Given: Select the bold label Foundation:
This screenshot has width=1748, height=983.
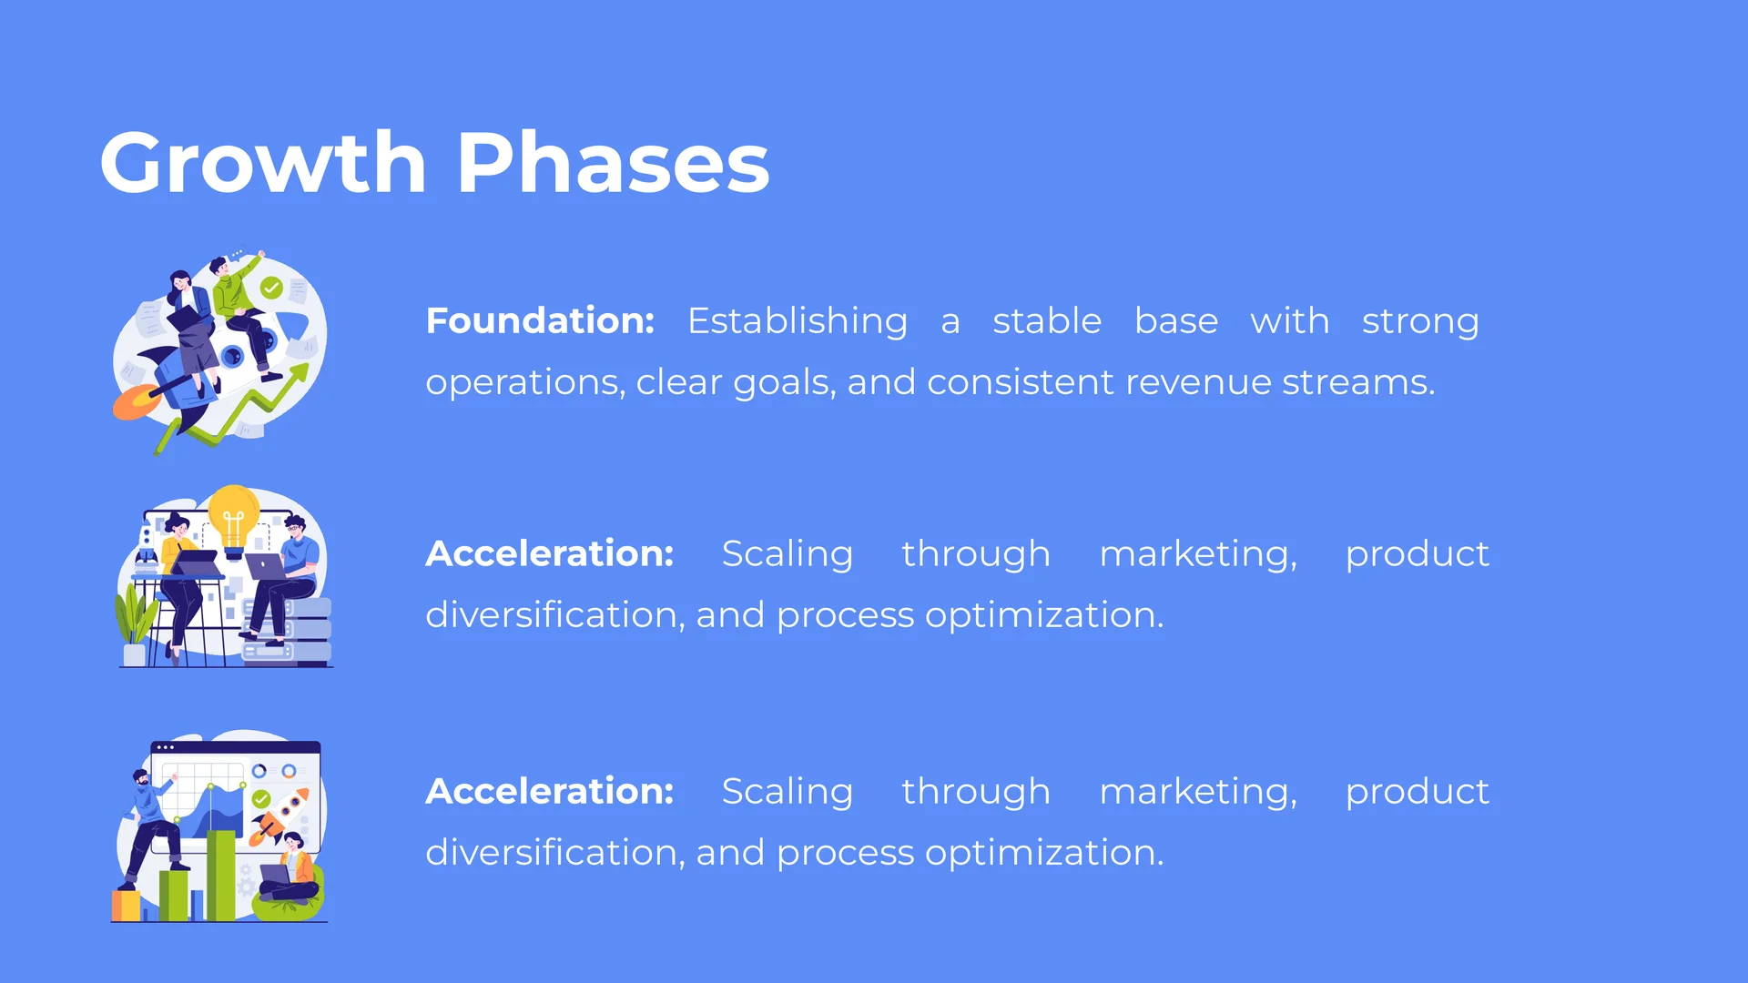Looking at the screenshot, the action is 540,320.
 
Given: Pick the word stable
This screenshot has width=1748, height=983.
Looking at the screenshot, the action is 1047,321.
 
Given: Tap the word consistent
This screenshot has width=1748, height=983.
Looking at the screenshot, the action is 1021,382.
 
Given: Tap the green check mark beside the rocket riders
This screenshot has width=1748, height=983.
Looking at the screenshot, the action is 271,289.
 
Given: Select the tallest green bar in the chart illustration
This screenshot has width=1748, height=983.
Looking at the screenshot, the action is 220,875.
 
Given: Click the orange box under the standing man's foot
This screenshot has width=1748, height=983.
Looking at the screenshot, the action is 126,906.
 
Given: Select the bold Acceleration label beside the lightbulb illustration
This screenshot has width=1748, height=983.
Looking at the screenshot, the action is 550,553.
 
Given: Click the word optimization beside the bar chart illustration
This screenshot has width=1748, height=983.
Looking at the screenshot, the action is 1044,854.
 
